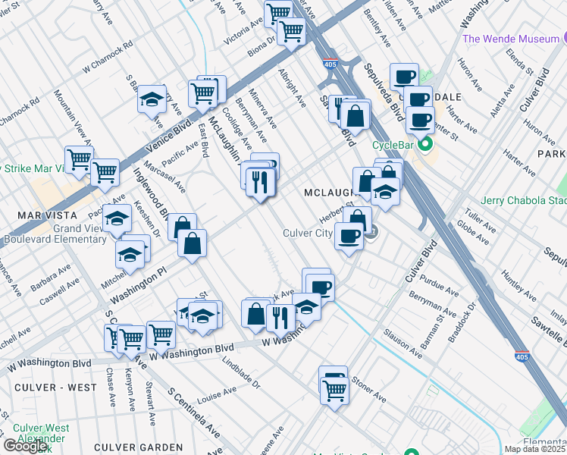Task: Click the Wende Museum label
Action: pos(508,38)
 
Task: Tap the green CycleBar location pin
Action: pos(426,144)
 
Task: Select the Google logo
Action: pos(25,446)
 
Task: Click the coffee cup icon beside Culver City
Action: pos(349,236)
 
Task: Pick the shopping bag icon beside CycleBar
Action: pos(355,116)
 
